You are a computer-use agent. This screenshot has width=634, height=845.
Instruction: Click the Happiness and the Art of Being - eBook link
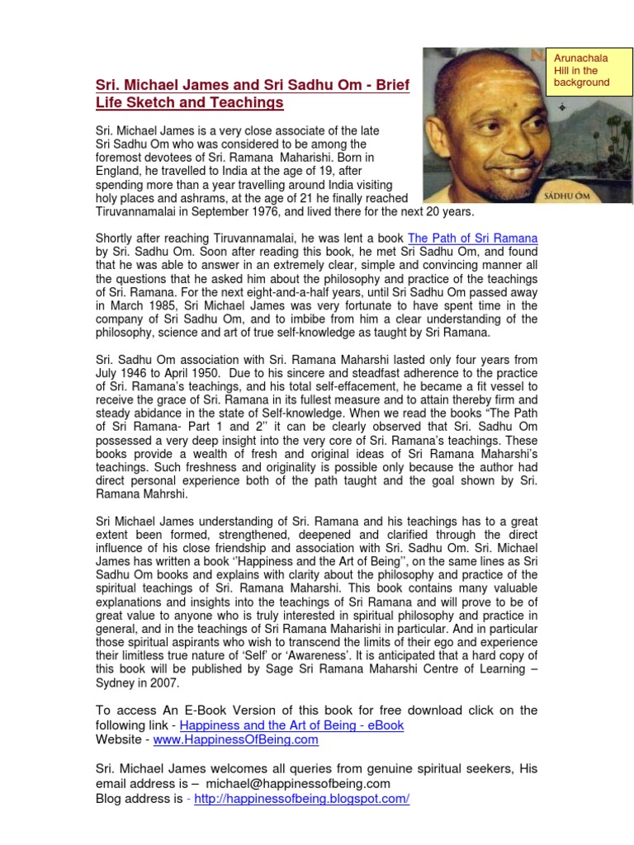(x=291, y=725)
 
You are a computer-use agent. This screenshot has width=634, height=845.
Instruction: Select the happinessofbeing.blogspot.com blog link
(x=301, y=799)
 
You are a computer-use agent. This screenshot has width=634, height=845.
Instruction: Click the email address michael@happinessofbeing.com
(x=298, y=784)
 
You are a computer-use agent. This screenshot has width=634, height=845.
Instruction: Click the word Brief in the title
(x=390, y=85)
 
